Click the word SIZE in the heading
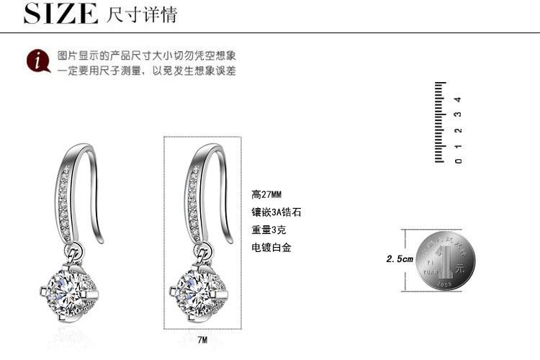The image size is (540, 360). [60, 14]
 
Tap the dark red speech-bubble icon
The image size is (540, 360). [37, 62]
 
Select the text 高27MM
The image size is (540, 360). [266, 194]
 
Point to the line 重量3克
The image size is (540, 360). [269, 230]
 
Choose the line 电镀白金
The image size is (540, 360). [271, 248]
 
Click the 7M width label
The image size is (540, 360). [202, 339]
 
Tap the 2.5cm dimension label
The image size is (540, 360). [400, 259]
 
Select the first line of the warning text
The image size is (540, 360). [147, 55]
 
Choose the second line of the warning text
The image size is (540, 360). [147, 71]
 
